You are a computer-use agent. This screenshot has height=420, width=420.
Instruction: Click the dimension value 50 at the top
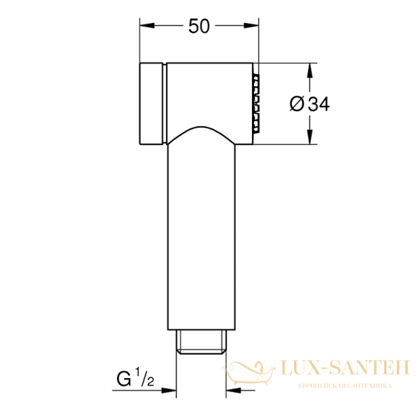pyautogui.click(x=199, y=26)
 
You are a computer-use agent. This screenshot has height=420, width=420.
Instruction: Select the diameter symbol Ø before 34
pyautogui.click(x=296, y=104)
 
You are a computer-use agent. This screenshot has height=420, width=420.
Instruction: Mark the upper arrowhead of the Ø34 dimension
pyautogui.click(x=309, y=69)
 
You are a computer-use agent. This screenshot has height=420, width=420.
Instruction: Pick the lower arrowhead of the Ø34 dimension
pyautogui.click(x=309, y=139)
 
